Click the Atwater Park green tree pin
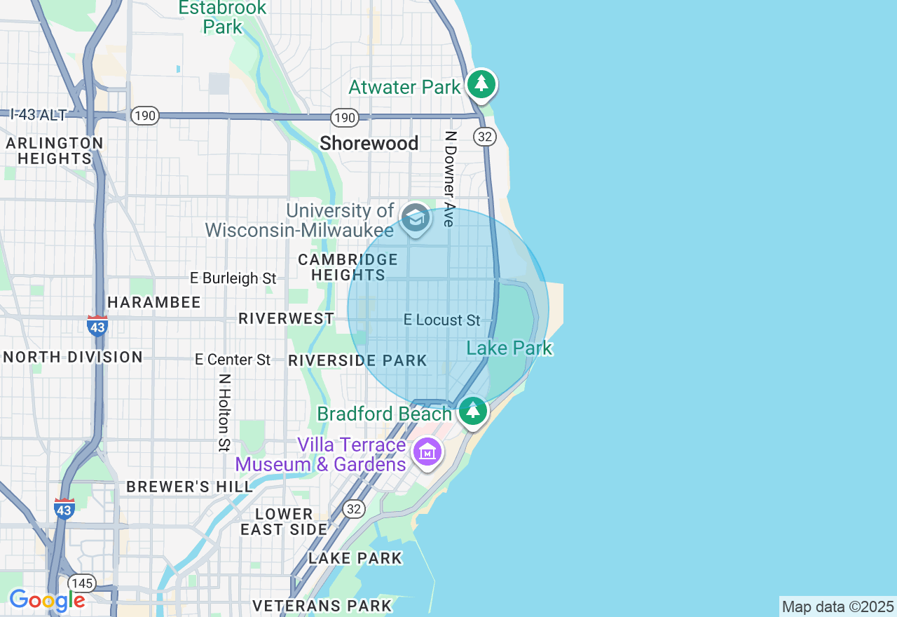point(481,84)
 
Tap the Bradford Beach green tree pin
point(473,411)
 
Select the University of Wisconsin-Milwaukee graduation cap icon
point(416,219)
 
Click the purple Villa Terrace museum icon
point(427,452)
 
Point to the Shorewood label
point(369,144)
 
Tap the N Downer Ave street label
point(450,179)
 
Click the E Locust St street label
point(442,320)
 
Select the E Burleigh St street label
point(233,278)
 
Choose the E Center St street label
point(233,360)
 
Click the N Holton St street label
point(224,412)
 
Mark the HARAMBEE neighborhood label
point(154,302)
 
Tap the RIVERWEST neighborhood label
point(286,319)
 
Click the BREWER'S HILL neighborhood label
point(189,487)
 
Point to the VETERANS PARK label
point(322,606)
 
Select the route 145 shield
point(82,583)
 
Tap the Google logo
point(47,600)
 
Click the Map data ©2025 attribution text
point(837,607)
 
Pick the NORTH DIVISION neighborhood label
point(73,357)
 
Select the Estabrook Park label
point(223,18)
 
